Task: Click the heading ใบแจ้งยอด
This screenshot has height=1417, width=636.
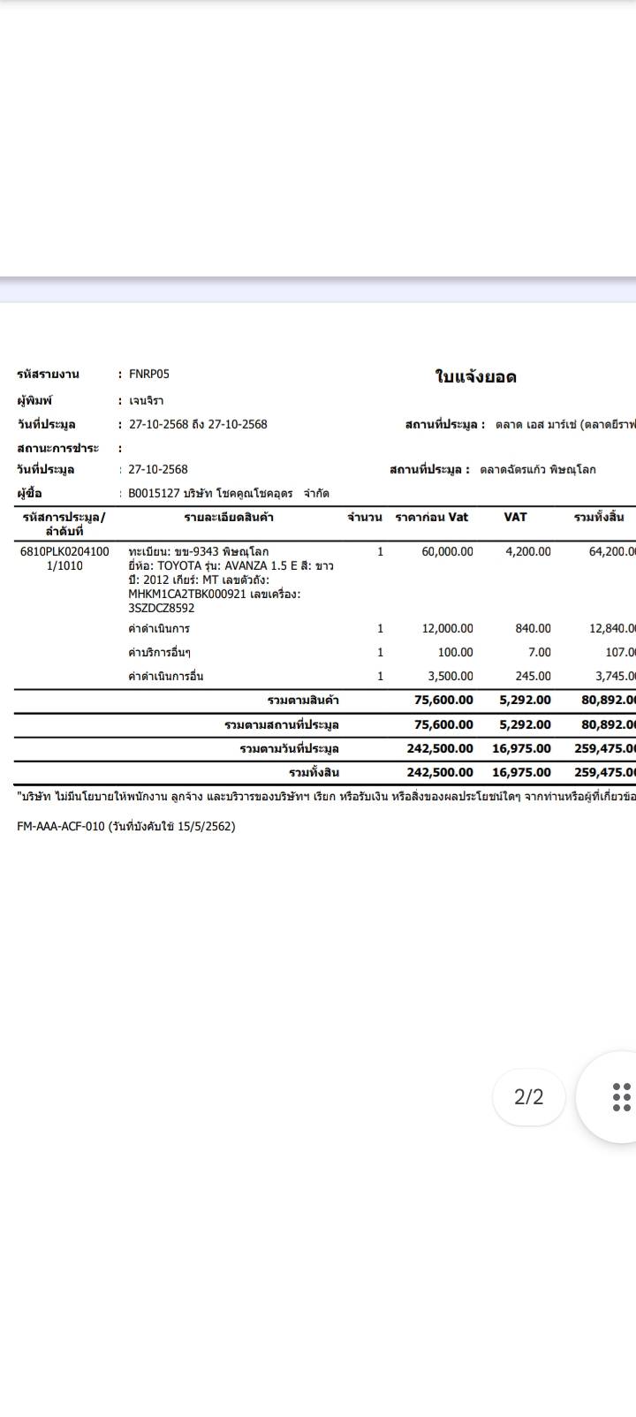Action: (x=475, y=377)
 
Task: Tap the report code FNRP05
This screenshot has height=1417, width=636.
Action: (x=149, y=375)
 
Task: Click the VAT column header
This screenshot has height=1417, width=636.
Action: (x=515, y=517)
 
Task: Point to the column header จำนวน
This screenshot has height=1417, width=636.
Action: (x=364, y=517)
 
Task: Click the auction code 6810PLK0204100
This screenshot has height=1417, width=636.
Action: (x=64, y=551)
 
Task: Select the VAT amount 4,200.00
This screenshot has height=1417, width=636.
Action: (x=527, y=551)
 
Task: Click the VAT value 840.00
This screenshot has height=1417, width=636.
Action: (x=533, y=628)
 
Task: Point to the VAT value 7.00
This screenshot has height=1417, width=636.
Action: (x=539, y=652)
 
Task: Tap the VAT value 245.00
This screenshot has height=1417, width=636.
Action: (x=533, y=676)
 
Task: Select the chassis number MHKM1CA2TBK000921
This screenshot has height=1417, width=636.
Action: (x=187, y=594)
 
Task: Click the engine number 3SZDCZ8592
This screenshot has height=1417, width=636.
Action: (x=162, y=608)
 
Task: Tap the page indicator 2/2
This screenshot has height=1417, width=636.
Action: (x=528, y=1096)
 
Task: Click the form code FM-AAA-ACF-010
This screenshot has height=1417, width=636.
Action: (x=60, y=827)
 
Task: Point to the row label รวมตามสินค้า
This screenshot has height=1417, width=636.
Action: (x=303, y=701)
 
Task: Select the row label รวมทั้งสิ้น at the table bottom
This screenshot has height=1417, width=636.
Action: (x=314, y=772)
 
